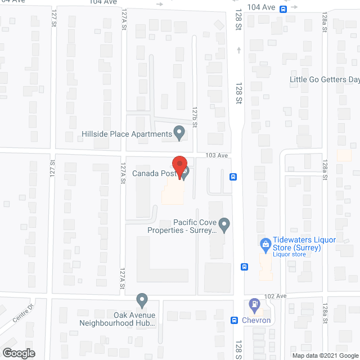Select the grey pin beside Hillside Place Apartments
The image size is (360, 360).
pos(179,133)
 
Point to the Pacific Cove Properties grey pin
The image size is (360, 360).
pos(224,226)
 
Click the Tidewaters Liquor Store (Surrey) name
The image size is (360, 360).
pos(304,244)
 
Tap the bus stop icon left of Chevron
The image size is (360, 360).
pos(234,320)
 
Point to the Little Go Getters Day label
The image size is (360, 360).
pos(325,79)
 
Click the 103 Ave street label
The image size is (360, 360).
pos(217,155)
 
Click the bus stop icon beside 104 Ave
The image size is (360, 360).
pos(283,8)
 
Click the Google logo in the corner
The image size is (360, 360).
pos(18,353)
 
